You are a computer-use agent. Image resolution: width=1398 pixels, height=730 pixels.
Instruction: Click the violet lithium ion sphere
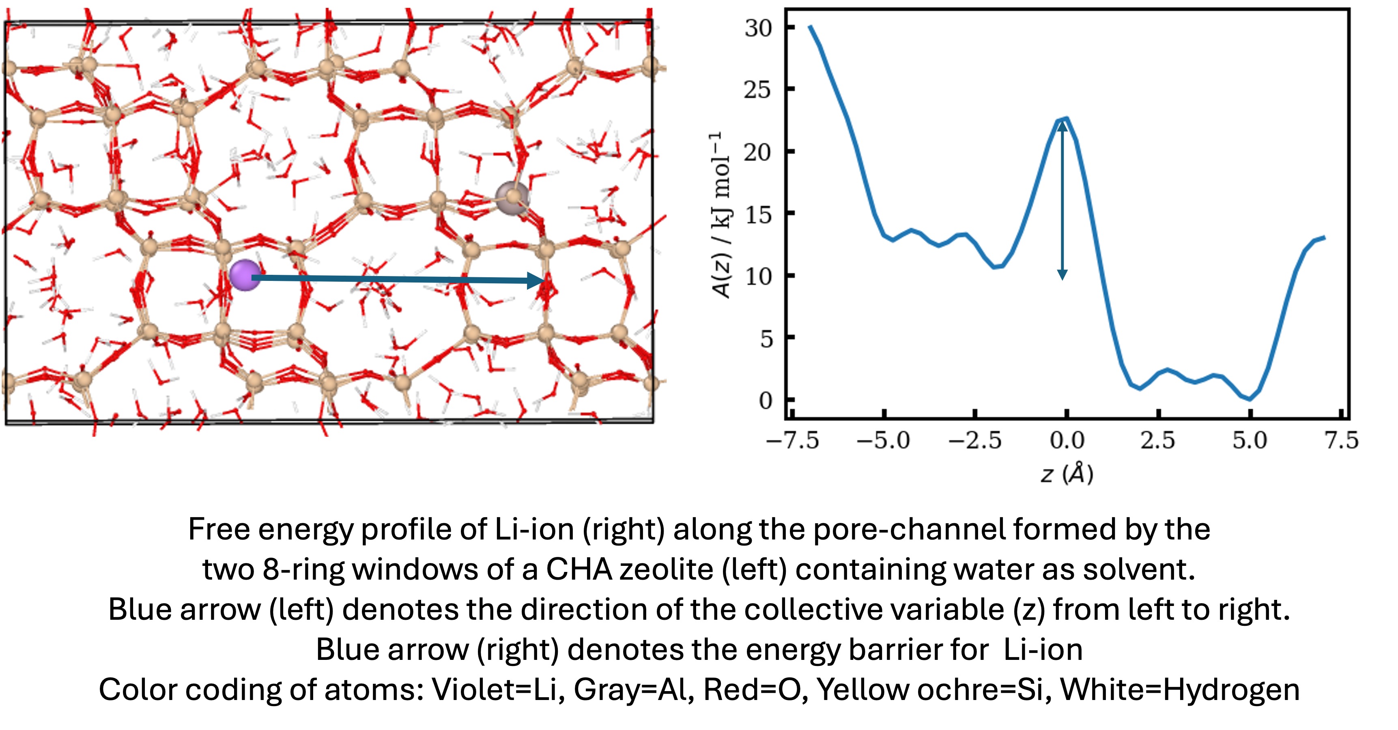pos(245,275)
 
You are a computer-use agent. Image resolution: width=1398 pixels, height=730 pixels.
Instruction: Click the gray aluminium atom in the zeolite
pos(512,198)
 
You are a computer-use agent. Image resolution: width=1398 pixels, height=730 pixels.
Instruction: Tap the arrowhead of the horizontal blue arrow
pos(537,280)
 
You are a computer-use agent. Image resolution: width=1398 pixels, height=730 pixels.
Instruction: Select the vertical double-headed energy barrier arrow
pos(1062,201)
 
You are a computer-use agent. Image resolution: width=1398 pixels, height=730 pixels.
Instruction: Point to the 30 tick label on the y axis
pos(758,28)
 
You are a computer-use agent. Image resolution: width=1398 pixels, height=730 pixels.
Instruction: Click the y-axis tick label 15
pos(758,215)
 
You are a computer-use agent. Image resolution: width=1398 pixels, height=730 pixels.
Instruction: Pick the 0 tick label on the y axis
pos(765,401)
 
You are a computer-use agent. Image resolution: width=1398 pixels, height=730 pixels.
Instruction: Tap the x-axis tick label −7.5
pos(792,440)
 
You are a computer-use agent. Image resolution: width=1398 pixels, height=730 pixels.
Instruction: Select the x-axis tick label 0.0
pos(1067,440)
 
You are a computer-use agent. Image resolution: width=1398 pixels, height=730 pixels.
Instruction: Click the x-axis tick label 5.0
pos(1249,440)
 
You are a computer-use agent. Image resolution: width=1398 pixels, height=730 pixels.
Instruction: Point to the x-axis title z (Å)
pos(1067,473)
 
